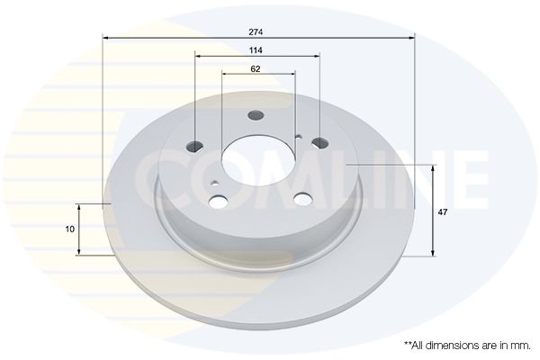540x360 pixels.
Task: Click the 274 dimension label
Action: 256,32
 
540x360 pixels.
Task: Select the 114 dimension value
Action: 256,50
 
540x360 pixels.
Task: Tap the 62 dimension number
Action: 256,69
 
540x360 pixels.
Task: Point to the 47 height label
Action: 442,212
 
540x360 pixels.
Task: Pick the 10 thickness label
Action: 70,229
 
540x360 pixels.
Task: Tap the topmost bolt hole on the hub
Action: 256,115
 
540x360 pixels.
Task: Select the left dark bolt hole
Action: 194,146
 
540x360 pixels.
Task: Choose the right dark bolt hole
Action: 320,142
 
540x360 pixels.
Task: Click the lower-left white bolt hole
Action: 218,202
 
